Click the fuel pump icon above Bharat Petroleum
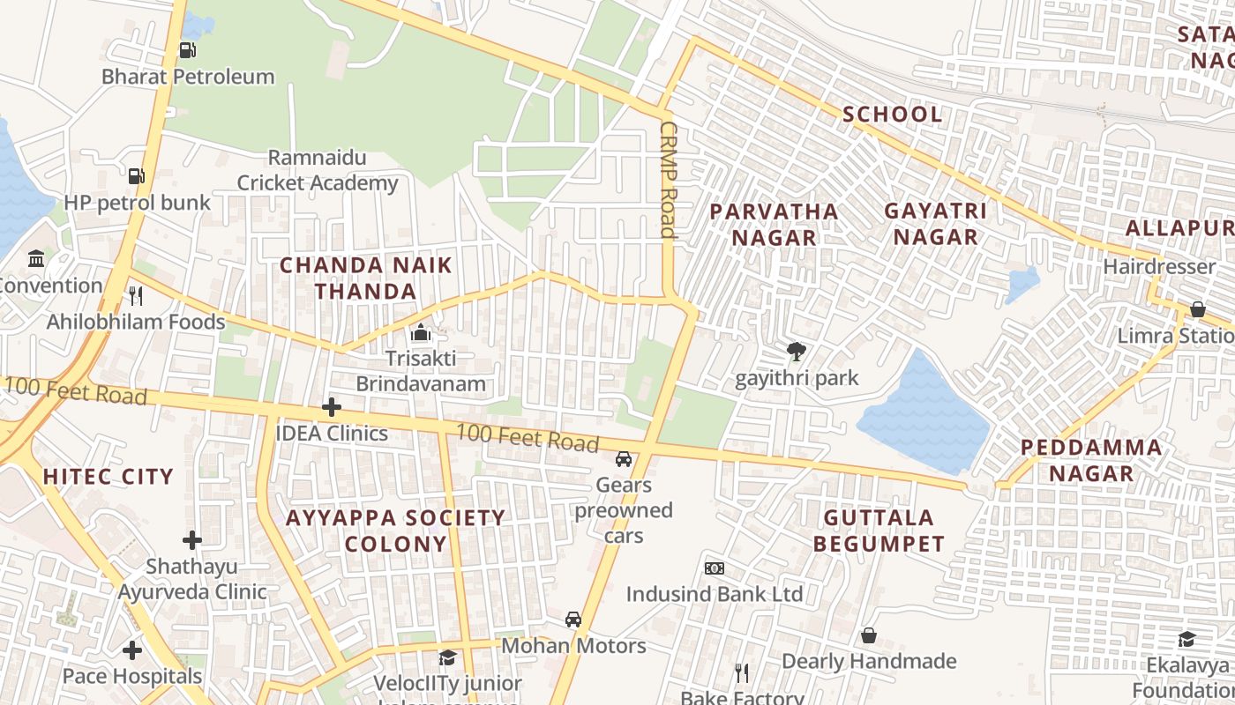(x=187, y=50)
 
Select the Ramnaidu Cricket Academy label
(x=318, y=171)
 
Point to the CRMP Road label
(x=667, y=180)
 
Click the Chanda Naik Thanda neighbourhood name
(x=366, y=278)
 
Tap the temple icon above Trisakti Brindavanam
(x=421, y=332)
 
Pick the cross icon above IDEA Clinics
(x=332, y=407)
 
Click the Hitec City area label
(x=109, y=477)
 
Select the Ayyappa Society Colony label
(x=395, y=531)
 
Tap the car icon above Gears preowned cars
(x=624, y=459)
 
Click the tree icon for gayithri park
(x=797, y=352)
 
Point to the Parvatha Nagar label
(x=774, y=224)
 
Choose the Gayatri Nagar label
(x=935, y=224)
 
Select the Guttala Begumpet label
(x=879, y=531)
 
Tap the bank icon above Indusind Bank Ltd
(x=715, y=568)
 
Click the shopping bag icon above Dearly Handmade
(x=869, y=635)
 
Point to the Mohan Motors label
(x=573, y=646)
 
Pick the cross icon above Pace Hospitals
(x=132, y=650)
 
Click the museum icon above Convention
(x=36, y=259)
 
